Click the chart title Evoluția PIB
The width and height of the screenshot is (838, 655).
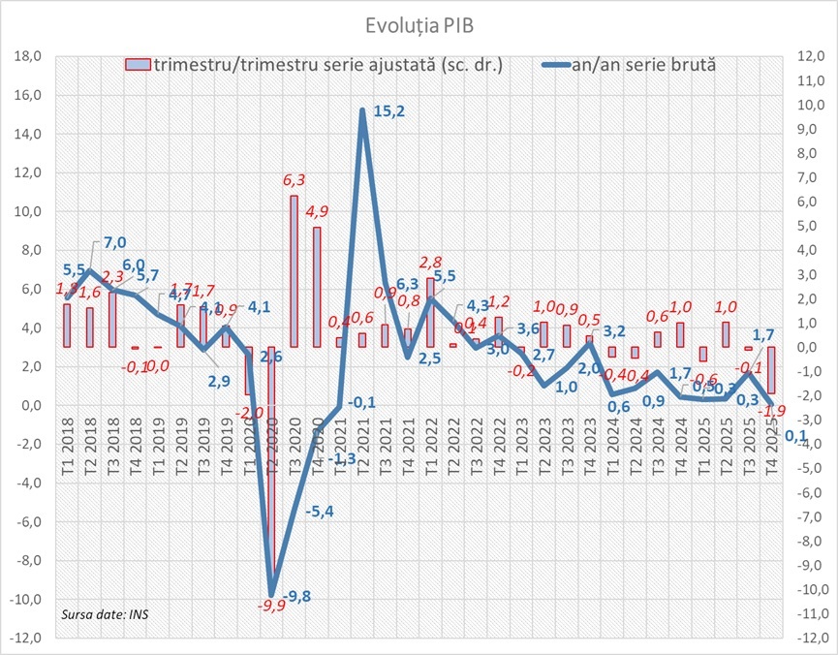click(419, 20)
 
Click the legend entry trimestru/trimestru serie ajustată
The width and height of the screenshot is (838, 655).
click(320, 66)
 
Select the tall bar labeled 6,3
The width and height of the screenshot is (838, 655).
click(293, 270)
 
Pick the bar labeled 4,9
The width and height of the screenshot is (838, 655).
click(316, 286)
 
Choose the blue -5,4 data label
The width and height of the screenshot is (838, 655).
click(320, 512)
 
